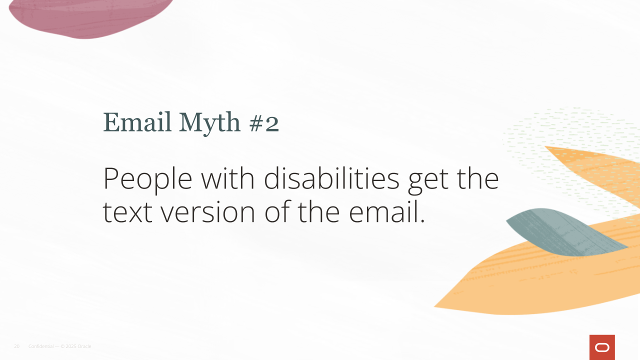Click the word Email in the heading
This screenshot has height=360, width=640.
click(137, 122)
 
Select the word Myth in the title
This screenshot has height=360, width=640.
click(209, 123)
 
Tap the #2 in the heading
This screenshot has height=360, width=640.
click(264, 123)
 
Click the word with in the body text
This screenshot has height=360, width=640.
click(227, 177)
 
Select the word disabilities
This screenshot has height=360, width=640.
click(331, 177)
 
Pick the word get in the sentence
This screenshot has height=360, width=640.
click(428, 181)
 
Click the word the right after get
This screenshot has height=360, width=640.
click(478, 177)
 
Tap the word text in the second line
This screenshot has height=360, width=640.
click(127, 212)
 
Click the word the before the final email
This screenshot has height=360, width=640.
click(319, 211)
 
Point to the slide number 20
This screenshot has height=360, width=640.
click(17, 346)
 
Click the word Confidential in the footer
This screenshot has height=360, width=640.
click(41, 346)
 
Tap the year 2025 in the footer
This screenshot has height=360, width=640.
click(71, 346)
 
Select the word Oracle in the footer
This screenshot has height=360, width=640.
click(84, 346)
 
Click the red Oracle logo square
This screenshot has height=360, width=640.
click(602, 347)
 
